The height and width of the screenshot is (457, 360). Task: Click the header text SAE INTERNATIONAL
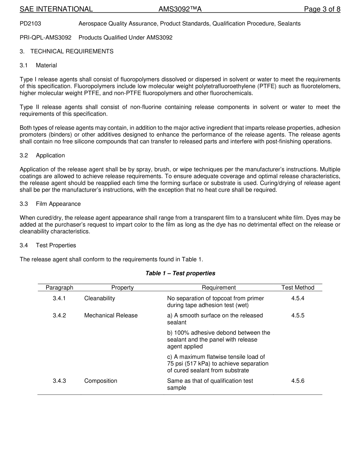[x=56, y=9]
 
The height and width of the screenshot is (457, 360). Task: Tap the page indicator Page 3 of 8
[x=322, y=9]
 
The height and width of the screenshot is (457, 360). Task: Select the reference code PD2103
[x=30, y=23]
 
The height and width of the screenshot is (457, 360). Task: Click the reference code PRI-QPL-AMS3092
[x=45, y=38]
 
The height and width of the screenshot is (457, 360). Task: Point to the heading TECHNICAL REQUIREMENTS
[x=72, y=52]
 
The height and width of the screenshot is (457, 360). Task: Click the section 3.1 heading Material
[x=46, y=66]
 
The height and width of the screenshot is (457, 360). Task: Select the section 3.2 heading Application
[x=50, y=155]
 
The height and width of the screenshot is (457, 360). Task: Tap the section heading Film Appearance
[x=58, y=204]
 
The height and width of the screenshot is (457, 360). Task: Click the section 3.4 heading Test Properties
[x=56, y=246]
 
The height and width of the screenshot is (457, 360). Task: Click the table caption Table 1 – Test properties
[x=180, y=273]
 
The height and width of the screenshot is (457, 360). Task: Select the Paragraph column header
[x=59, y=288]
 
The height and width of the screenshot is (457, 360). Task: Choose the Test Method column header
[x=298, y=288]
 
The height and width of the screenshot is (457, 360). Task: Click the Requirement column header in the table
[x=219, y=288]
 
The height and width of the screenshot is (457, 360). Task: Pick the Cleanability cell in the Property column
[x=99, y=298]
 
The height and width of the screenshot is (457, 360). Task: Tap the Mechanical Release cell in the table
[x=111, y=316]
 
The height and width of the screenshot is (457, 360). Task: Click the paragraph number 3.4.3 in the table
[x=59, y=381]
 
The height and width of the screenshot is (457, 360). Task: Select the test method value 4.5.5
[x=298, y=316]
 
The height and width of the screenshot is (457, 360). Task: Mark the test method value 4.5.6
[x=298, y=381]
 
